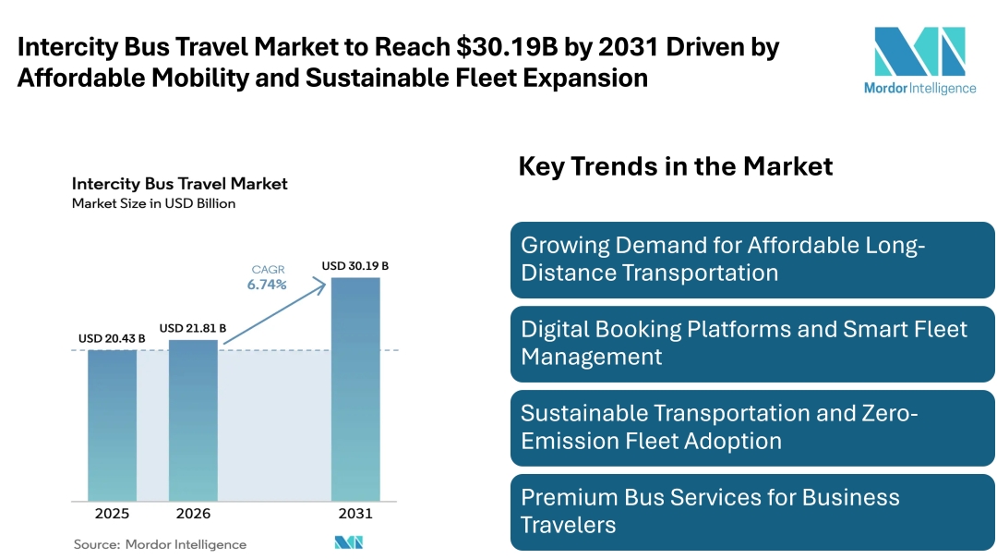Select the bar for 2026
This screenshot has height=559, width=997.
(x=193, y=420)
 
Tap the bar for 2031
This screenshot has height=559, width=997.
(x=355, y=388)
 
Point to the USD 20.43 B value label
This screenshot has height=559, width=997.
(x=112, y=339)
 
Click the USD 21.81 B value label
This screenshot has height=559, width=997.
(x=193, y=328)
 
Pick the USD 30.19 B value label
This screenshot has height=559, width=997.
(x=355, y=266)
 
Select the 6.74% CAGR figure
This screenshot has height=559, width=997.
(x=267, y=285)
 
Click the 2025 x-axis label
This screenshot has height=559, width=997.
(x=112, y=514)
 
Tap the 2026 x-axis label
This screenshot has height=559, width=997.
(x=193, y=514)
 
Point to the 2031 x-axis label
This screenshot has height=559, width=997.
(x=355, y=514)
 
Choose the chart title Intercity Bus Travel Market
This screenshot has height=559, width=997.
(x=180, y=184)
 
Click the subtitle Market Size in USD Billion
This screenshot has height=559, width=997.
(x=154, y=203)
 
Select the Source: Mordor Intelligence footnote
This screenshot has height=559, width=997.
(x=161, y=544)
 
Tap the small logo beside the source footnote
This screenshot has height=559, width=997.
(x=349, y=543)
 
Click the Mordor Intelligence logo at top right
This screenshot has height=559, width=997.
(x=919, y=60)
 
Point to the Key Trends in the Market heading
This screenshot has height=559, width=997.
(x=676, y=166)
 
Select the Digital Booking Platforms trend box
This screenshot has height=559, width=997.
(x=752, y=344)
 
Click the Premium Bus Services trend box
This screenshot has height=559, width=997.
(x=752, y=512)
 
